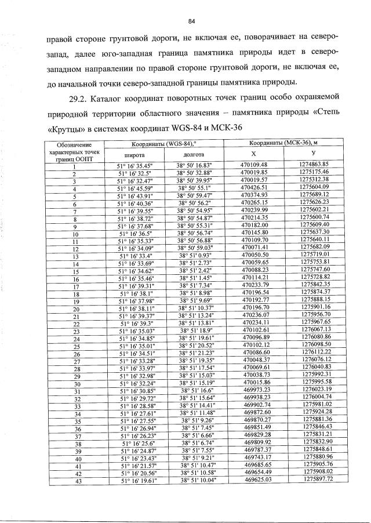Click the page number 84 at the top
(x=190, y=21)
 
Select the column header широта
(x=134, y=155)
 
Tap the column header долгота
(x=193, y=155)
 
